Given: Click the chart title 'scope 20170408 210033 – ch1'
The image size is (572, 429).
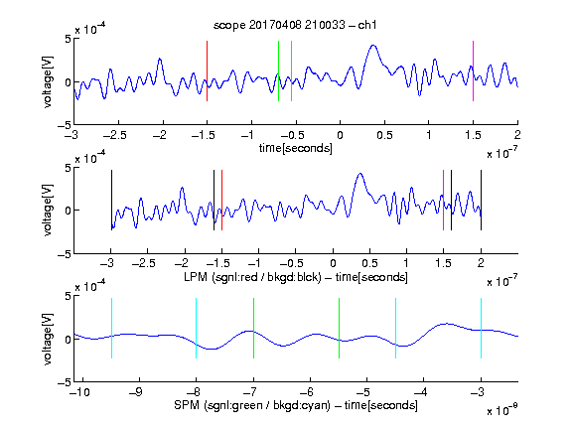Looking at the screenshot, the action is pyautogui.click(x=295, y=25).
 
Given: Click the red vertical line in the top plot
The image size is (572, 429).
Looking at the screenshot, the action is pyautogui.click(x=207, y=71).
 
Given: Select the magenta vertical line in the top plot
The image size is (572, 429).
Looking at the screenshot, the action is pyautogui.click(x=473, y=71).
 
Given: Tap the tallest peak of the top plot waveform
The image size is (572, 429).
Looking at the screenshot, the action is pyautogui.click(x=372, y=46).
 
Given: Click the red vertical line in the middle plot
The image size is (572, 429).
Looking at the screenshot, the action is pyautogui.click(x=221, y=200).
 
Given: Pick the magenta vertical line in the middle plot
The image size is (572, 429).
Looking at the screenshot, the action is pyautogui.click(x=443, y=200).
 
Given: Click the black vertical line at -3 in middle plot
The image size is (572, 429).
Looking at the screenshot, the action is pyautogui.click(x=111, y=200).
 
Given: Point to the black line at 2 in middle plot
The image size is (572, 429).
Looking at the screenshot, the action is pyautogui.click(x=481, y=200).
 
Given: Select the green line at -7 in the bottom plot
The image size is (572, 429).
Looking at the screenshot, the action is pyautogui.click(x=253, y=328).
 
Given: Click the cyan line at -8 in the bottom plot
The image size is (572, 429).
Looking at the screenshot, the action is pyautogui.click(x=196, y=328).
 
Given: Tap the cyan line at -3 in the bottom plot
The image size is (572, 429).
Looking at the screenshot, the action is pyautogui.click(x=481, y=328).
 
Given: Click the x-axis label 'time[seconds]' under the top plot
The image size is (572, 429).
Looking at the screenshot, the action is pyautogui.click(x=296, y=148).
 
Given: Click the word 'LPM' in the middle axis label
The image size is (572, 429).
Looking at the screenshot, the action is pyautogui.click(x=196, y=277).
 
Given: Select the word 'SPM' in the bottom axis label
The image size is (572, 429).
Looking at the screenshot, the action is pyautogui.click(x=187, y=405).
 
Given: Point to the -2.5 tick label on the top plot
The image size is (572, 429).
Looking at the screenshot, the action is pyautogui.click(x=114, y=136).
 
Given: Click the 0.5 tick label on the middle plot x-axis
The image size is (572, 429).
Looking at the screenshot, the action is pyautogui.click(x=369, y=263).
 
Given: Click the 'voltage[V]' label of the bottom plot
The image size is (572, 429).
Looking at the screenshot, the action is pyautogui.click(x=48, y=339).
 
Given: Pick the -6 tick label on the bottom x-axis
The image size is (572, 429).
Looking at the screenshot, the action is pyautogui.click(x=310, y=392).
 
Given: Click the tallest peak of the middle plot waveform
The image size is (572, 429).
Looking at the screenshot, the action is pyautogui.click(x=360, y=174).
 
